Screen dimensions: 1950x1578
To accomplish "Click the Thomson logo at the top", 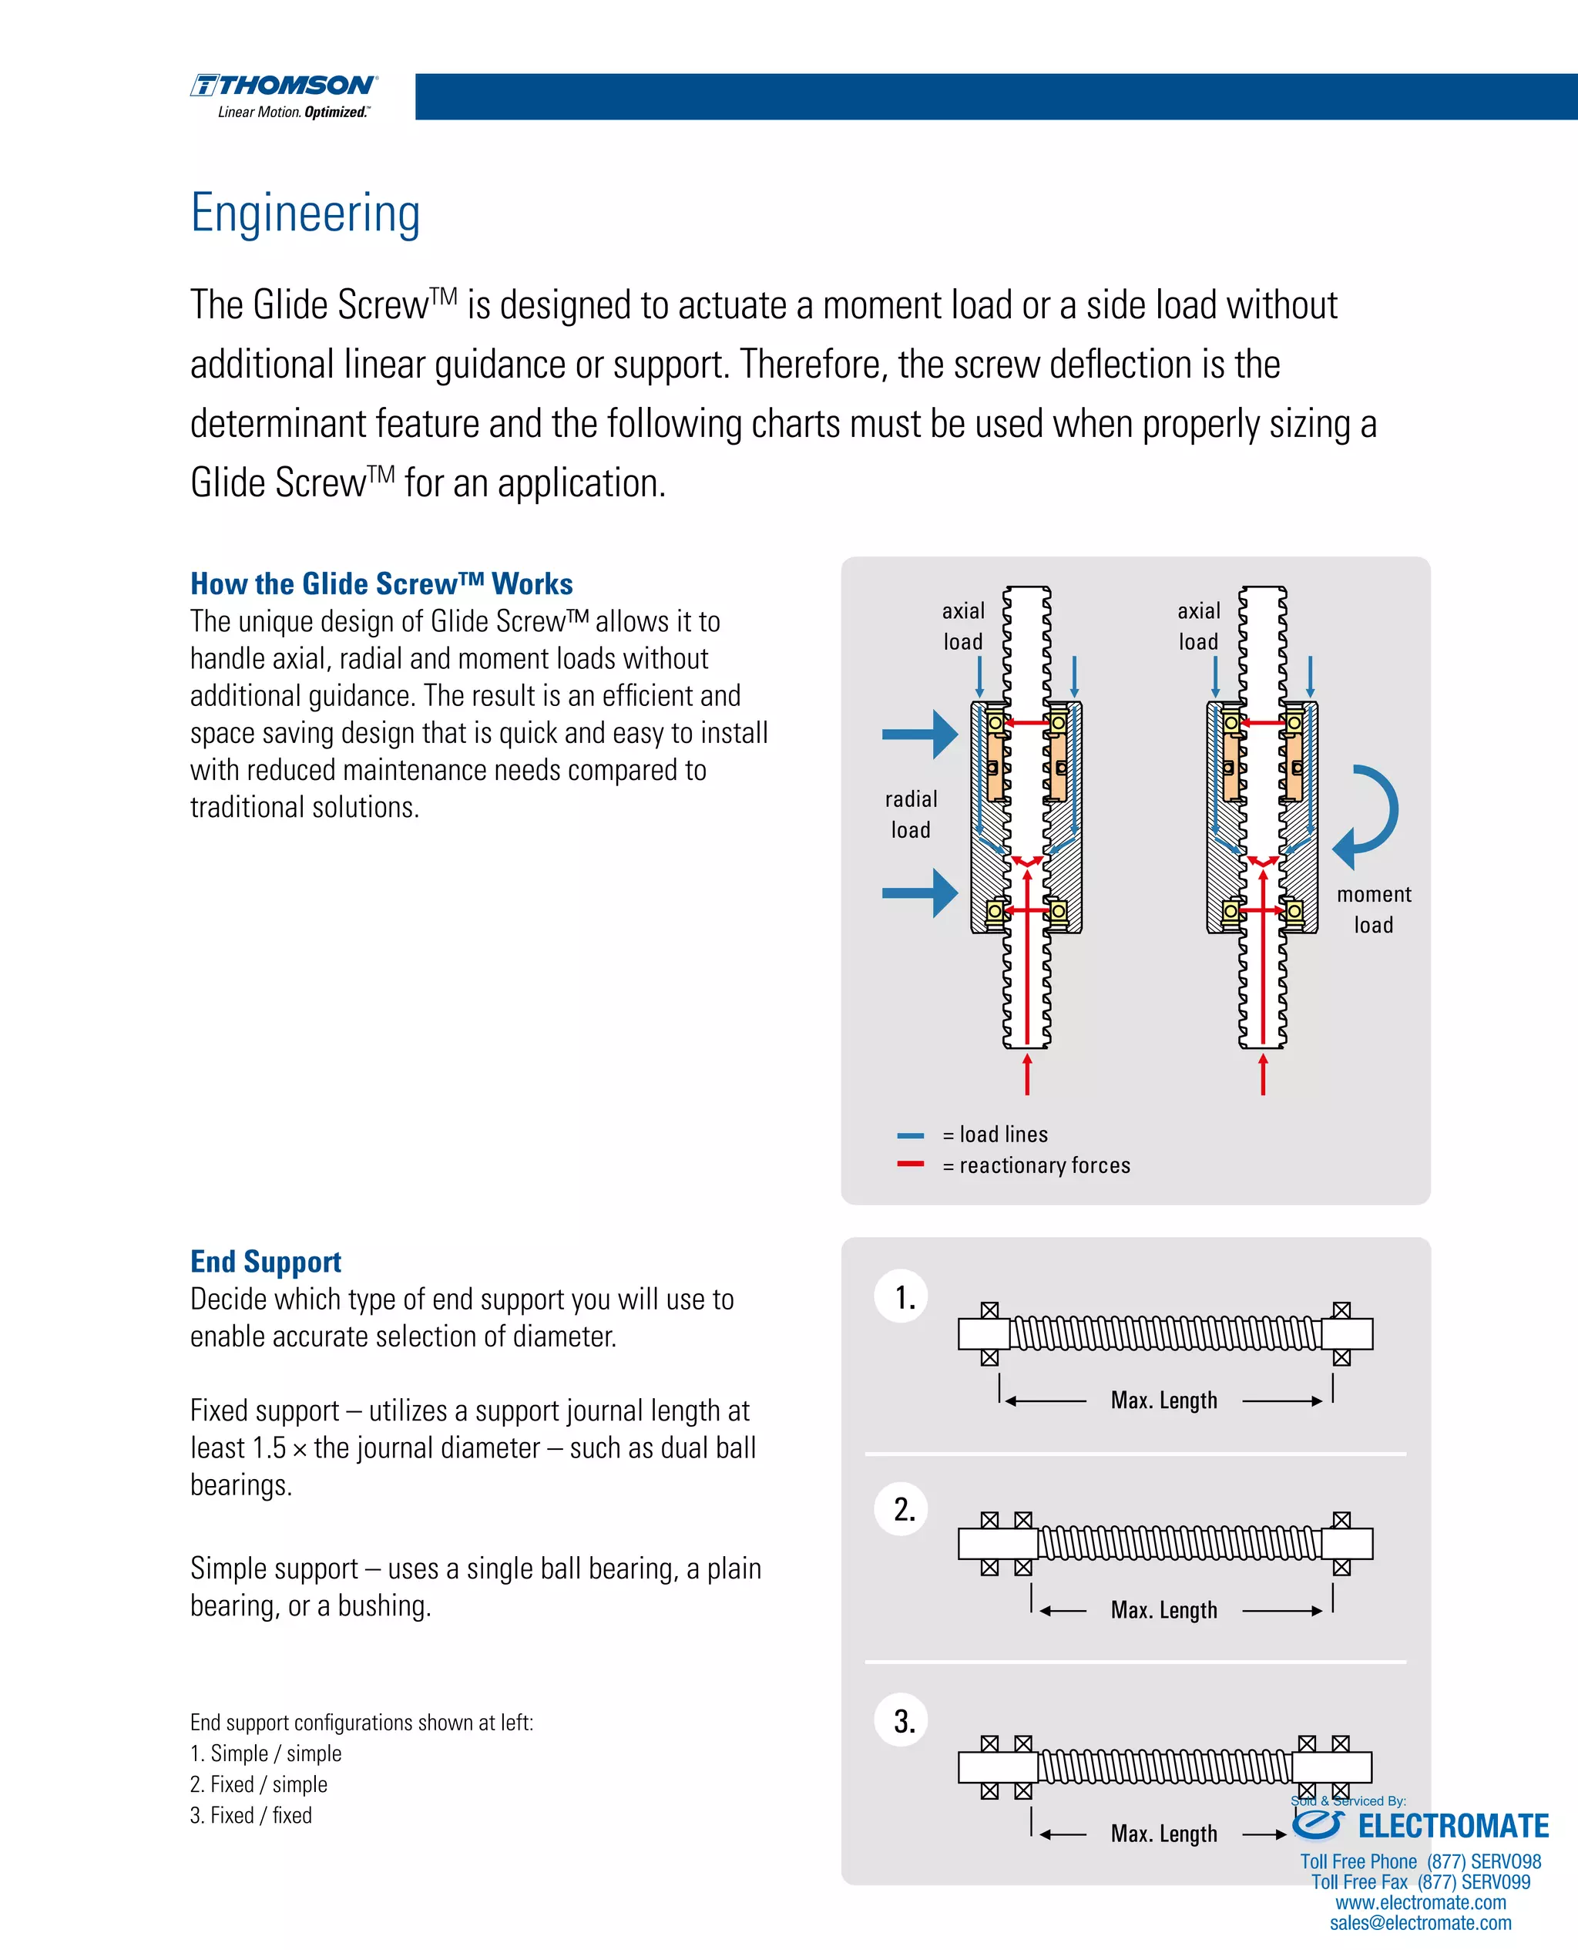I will point(284,95).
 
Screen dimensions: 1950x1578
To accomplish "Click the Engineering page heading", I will point(305,213).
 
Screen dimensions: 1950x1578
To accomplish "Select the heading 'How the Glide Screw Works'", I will point(381,583).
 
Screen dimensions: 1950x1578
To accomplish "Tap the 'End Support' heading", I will point(265,1261).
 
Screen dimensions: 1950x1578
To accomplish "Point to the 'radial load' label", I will point(911,814).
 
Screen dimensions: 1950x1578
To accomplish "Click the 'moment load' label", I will point(1374,909).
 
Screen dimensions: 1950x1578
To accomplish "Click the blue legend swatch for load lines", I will point(910,1135).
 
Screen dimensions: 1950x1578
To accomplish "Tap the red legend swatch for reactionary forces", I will point(910,1164).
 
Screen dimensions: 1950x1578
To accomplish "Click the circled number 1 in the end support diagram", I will point(901,1296).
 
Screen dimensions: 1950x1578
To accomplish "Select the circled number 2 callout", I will point(901,1509).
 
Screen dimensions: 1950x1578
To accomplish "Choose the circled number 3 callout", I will point(901,1721).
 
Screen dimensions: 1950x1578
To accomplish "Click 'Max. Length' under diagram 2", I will point(1163,1610).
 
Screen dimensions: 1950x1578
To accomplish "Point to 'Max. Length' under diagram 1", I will point(1163,1400).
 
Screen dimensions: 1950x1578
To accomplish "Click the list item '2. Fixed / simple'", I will point(259,1784).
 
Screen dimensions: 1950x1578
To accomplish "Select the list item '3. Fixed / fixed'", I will point(251,1814).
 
